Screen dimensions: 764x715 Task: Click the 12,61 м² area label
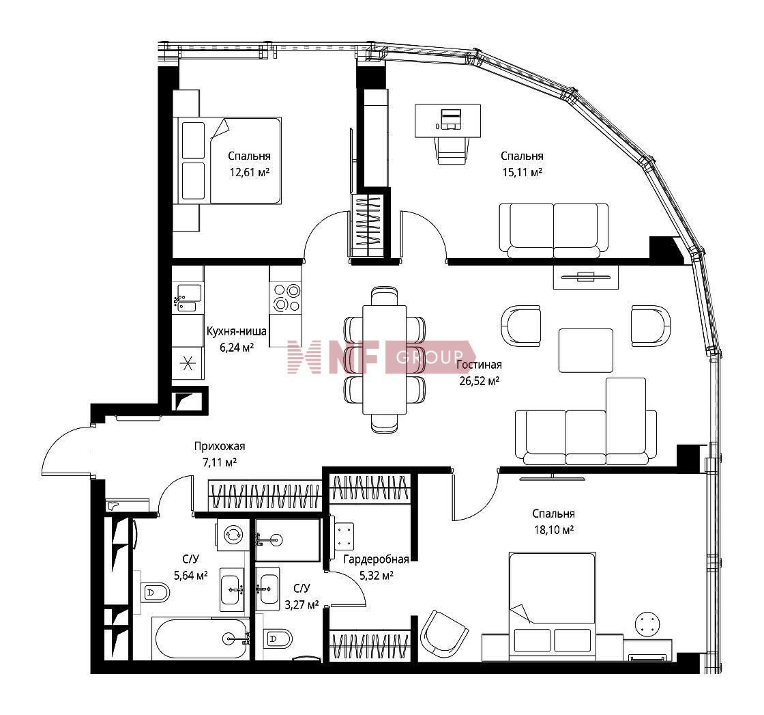click(250, 172)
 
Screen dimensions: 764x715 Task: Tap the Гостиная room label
click(479, 365)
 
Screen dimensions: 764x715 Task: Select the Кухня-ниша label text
click(236, 331)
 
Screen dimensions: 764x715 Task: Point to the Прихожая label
click(219, 446)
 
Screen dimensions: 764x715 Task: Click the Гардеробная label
click(376, 559)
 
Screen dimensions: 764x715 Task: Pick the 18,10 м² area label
click(553, 530)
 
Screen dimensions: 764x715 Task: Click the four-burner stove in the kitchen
click(286, 298)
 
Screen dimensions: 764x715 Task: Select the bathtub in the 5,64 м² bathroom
click(201, 639)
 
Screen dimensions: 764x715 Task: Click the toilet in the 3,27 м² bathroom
click(278, 637)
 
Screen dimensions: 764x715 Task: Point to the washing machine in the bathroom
click(233, 535)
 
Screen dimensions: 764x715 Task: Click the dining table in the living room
click(385, 359)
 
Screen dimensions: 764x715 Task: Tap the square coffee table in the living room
click(586, 351)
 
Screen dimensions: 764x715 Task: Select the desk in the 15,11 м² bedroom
click(447, 121)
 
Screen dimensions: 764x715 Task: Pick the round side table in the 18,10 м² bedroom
click(648, 623)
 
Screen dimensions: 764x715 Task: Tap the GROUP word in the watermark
click(430, 358)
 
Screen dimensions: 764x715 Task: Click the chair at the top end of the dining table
click(385, 296)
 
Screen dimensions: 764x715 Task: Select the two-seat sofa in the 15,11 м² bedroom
click(553, 230)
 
